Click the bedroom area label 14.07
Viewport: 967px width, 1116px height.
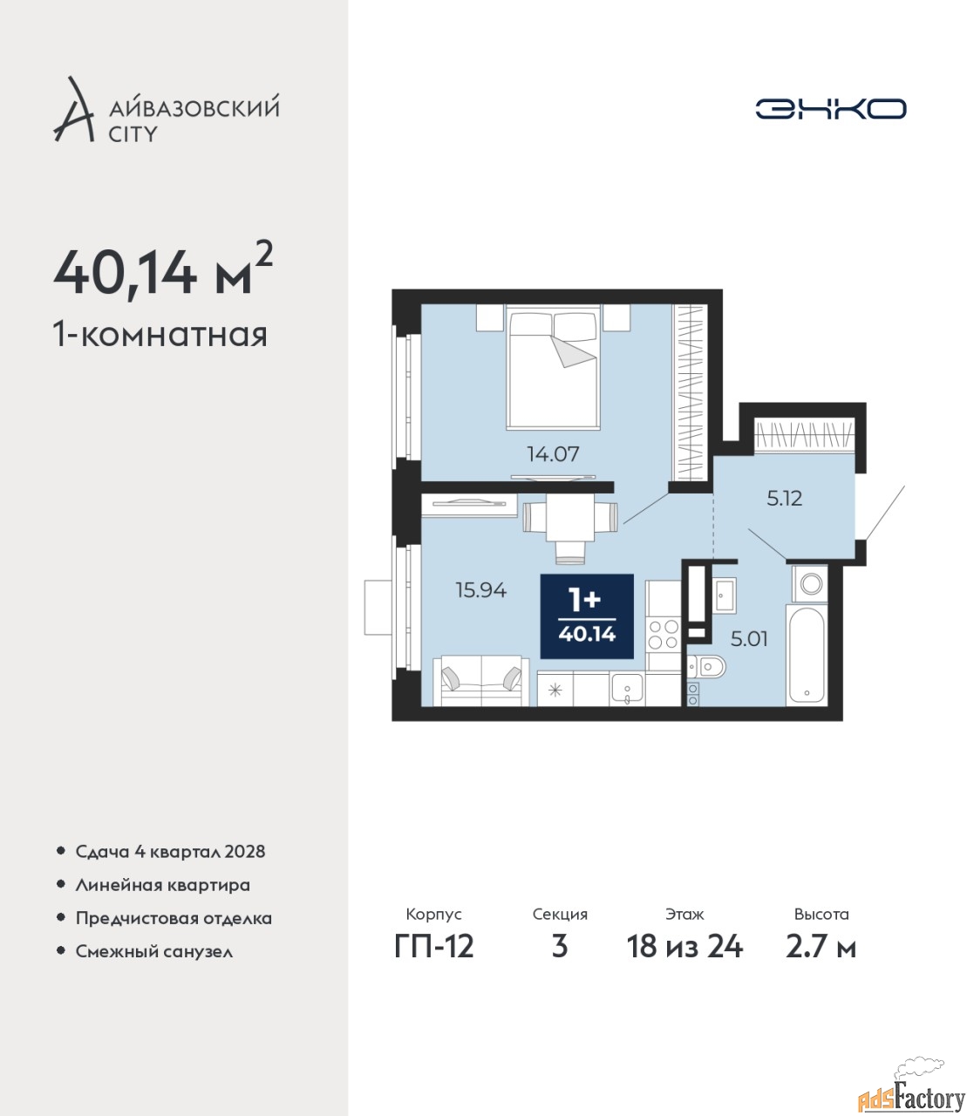pos(553,454)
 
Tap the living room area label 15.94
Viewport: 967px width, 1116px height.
pos(481,590)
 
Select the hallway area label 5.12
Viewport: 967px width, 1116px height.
pos(785,499)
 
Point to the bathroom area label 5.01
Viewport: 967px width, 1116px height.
pos(749,639)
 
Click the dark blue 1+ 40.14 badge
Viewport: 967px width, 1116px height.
pos(587,616)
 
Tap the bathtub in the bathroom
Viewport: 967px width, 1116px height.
pos(807,655)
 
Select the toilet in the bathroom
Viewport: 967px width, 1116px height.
pos(708,667)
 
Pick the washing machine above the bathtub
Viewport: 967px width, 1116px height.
pos(809,583)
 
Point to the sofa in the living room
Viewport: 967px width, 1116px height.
pos(481,680)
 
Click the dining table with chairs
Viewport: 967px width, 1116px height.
pos(569,528)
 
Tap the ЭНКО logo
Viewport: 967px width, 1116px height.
pos(830,108)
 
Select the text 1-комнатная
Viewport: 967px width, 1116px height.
pos(160,335)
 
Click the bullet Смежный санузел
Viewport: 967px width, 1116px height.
pos(154,966)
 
